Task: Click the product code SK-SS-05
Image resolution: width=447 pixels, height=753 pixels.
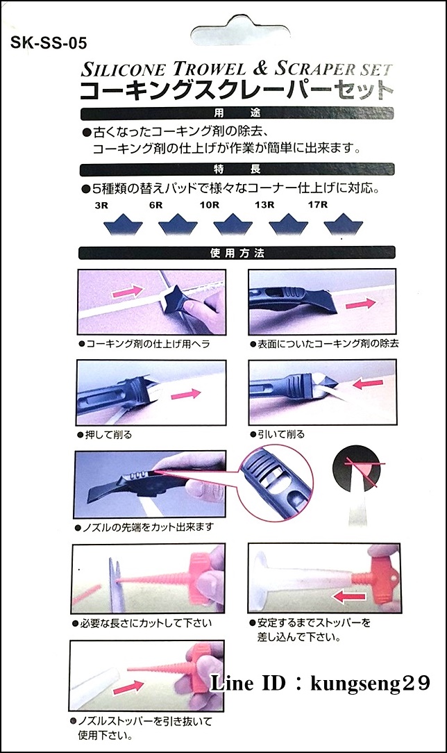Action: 49,44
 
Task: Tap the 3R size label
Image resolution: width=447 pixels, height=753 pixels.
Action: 103,206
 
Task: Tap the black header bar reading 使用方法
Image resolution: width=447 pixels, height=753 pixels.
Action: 237,254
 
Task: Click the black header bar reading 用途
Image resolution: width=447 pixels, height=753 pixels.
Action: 237,114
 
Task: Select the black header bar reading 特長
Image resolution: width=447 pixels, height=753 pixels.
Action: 237,169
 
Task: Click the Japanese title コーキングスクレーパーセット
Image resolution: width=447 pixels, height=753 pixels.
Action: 237,90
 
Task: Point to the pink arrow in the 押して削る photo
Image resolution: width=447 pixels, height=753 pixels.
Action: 183,395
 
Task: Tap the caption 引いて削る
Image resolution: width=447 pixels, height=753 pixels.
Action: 280,434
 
